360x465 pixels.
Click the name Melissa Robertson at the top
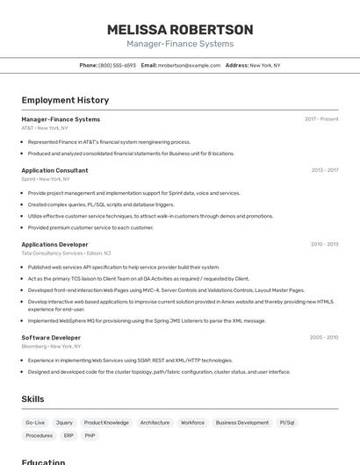(180, 30)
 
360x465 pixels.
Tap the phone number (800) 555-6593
(117, 66)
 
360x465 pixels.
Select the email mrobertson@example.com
(189, 66)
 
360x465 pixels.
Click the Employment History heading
(65, 101)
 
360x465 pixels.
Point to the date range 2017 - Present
(321, 119)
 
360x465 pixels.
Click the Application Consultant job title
(54, 170)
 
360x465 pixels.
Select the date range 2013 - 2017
(324, 170)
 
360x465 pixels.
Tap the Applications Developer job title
(54, 245)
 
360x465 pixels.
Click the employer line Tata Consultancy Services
(52, 254)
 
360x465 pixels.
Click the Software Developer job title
(51, 338)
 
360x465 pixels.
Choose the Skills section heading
(32, 399)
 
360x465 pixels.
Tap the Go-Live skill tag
(35, 423)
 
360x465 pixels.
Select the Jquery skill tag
(64, 423)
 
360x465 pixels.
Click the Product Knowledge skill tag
(106, 423)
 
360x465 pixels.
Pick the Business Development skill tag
(242, 423)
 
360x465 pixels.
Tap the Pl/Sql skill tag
(287, 423)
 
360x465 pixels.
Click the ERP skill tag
(68, 436)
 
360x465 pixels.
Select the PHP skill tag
(90, 436)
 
